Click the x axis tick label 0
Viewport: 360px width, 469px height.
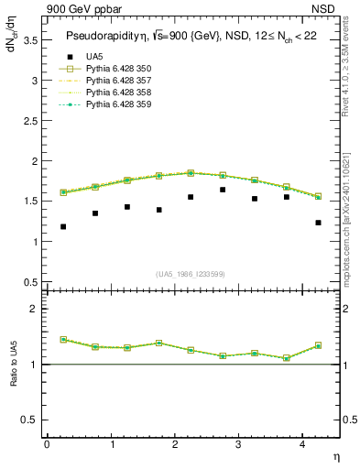47,444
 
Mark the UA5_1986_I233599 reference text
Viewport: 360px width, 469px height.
191,274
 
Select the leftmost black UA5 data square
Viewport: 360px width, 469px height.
63,226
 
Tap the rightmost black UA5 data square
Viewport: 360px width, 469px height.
318,223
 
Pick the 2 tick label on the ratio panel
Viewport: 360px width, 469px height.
33,310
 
